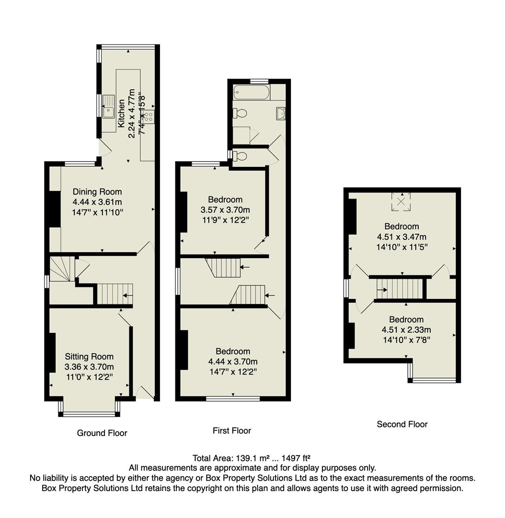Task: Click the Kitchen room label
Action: pos(121,116)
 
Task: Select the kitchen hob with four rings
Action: pos(149,116)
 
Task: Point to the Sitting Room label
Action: pos(89,356)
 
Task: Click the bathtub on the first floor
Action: pos(251,92)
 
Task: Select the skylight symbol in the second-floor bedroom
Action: pos(402,201)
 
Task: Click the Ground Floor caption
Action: pos(102,433)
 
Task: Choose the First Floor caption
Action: pos(232,431)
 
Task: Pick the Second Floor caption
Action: pos(402,424)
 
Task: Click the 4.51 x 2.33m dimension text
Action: pos(406,330)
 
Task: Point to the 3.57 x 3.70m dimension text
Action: pos(225,210)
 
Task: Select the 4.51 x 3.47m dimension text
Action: pos(402,236)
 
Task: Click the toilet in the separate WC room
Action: pos(241,155)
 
